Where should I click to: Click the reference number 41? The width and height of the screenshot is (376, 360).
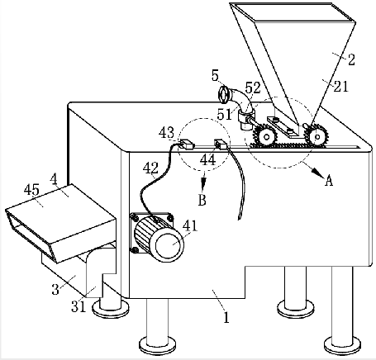pyautogui.click(x=191, y=226)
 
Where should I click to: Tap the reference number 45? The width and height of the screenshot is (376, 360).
pyautogui.click(x=31, y=190)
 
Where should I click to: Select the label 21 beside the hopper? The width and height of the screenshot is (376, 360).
pyautogui.click(x=341, y=87)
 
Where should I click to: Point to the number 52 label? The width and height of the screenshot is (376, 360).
pyautogui.click(x=253, y=88)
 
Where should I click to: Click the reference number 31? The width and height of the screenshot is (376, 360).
pyautogui.click(x=79, y=307)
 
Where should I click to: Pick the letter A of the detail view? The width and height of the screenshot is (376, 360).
pyautogui.click(x=329, y=181)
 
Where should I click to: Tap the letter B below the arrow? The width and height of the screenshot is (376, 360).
pyautogui.click(x=202, y=200)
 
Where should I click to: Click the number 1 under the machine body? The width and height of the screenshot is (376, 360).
pyautogui.click(x=226, y=317)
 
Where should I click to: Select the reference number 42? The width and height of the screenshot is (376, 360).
pyautogui.click(x=150, y=168)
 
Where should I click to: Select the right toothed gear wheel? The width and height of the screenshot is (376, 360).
pyautogui.click(x=317, y=135)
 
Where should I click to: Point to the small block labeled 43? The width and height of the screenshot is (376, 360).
pyautogui.click(x=187, y=144)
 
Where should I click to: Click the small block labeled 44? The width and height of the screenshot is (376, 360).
pyautogui.click(x=221, y=144)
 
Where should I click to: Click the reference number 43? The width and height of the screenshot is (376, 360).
pyautogui.click(x=166, y=133)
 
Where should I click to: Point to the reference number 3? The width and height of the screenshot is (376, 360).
pyautogui.click(x=55, y=290)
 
